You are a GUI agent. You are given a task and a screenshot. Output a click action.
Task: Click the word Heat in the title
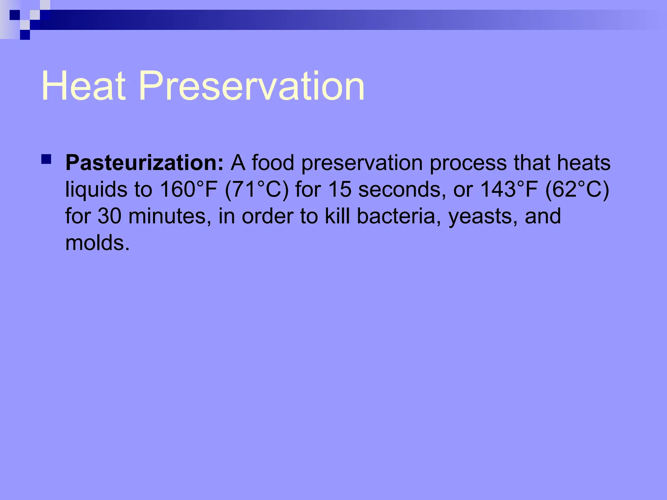(83, 86)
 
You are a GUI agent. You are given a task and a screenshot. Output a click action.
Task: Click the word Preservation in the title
(251, 86)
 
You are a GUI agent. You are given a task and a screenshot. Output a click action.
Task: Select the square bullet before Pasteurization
(46, 159)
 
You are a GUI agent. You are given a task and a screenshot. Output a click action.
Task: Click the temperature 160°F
(189, 189)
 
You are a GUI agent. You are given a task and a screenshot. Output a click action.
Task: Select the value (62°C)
(577, 189)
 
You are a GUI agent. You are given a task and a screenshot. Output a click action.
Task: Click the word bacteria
(396, 216)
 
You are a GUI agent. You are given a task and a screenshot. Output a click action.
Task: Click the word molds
(97, 243)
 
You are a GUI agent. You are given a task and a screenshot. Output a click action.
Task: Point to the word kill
(337, 216)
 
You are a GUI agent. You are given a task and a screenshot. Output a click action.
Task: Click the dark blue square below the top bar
(25, 35)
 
